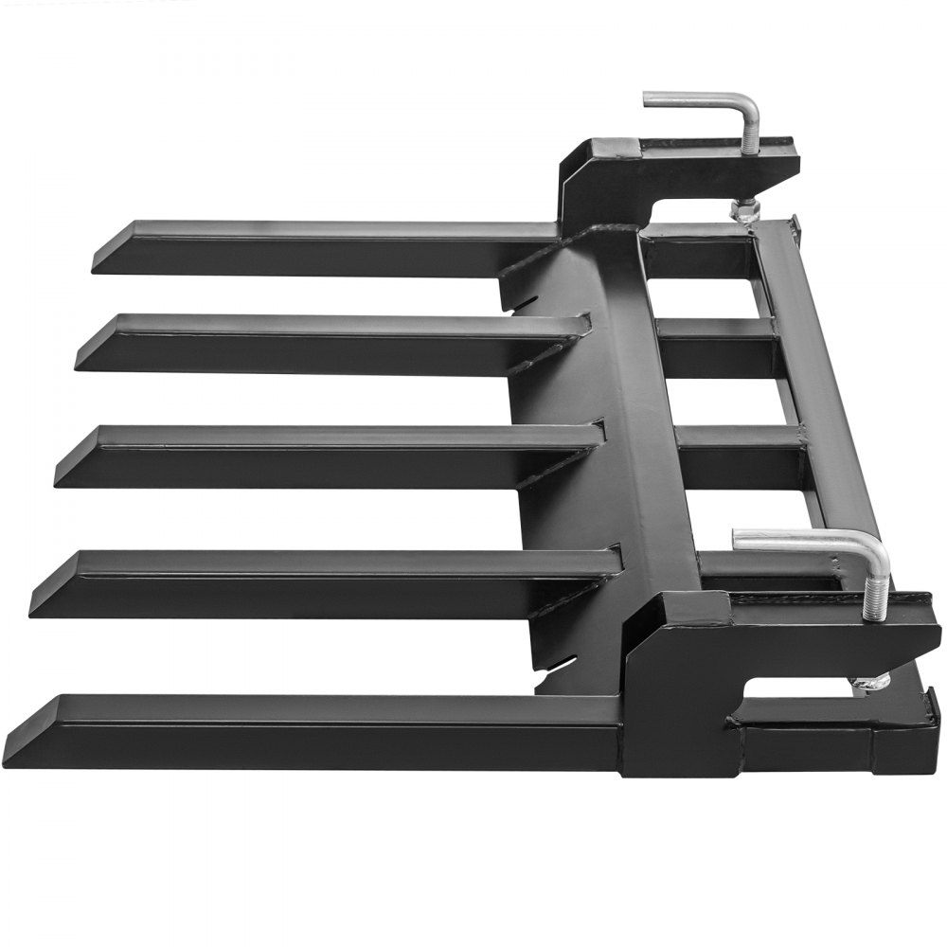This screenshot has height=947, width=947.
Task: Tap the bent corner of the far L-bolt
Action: pyautogui.click(x=748, y=106)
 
